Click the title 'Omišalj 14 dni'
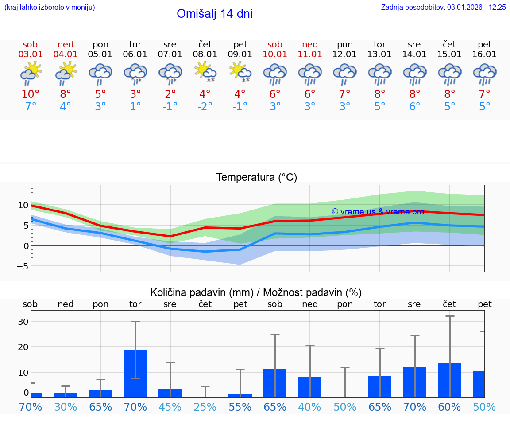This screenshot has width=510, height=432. tap(214, 14)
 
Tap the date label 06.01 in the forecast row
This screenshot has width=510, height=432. tap(135, 54)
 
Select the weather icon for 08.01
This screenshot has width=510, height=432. tap(205, 72)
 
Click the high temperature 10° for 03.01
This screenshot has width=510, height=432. tap(30, 94)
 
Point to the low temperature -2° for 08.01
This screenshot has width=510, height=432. tap(205, 106)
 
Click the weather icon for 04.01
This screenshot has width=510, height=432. tap(66, 72)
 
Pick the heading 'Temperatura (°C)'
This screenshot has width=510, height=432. tap(256, 178)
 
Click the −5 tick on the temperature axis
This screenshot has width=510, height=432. tap(22, 266)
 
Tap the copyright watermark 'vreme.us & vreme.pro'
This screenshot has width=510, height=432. tap(378, 212)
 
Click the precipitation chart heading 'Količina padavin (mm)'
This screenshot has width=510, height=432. tap(201, 292)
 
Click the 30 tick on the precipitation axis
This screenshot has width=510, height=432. tap(23, 322)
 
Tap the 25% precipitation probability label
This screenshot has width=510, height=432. tap(205, 407)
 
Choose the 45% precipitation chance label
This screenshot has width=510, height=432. tap(170, 407)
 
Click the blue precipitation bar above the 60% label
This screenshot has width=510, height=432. tap(449, 380)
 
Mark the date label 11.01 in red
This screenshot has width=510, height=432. tap(310, 54)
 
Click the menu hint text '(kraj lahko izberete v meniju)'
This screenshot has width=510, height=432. tap(50, 7)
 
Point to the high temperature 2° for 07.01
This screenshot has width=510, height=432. tap(170, 94)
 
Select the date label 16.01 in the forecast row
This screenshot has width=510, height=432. tap(484, 54)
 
